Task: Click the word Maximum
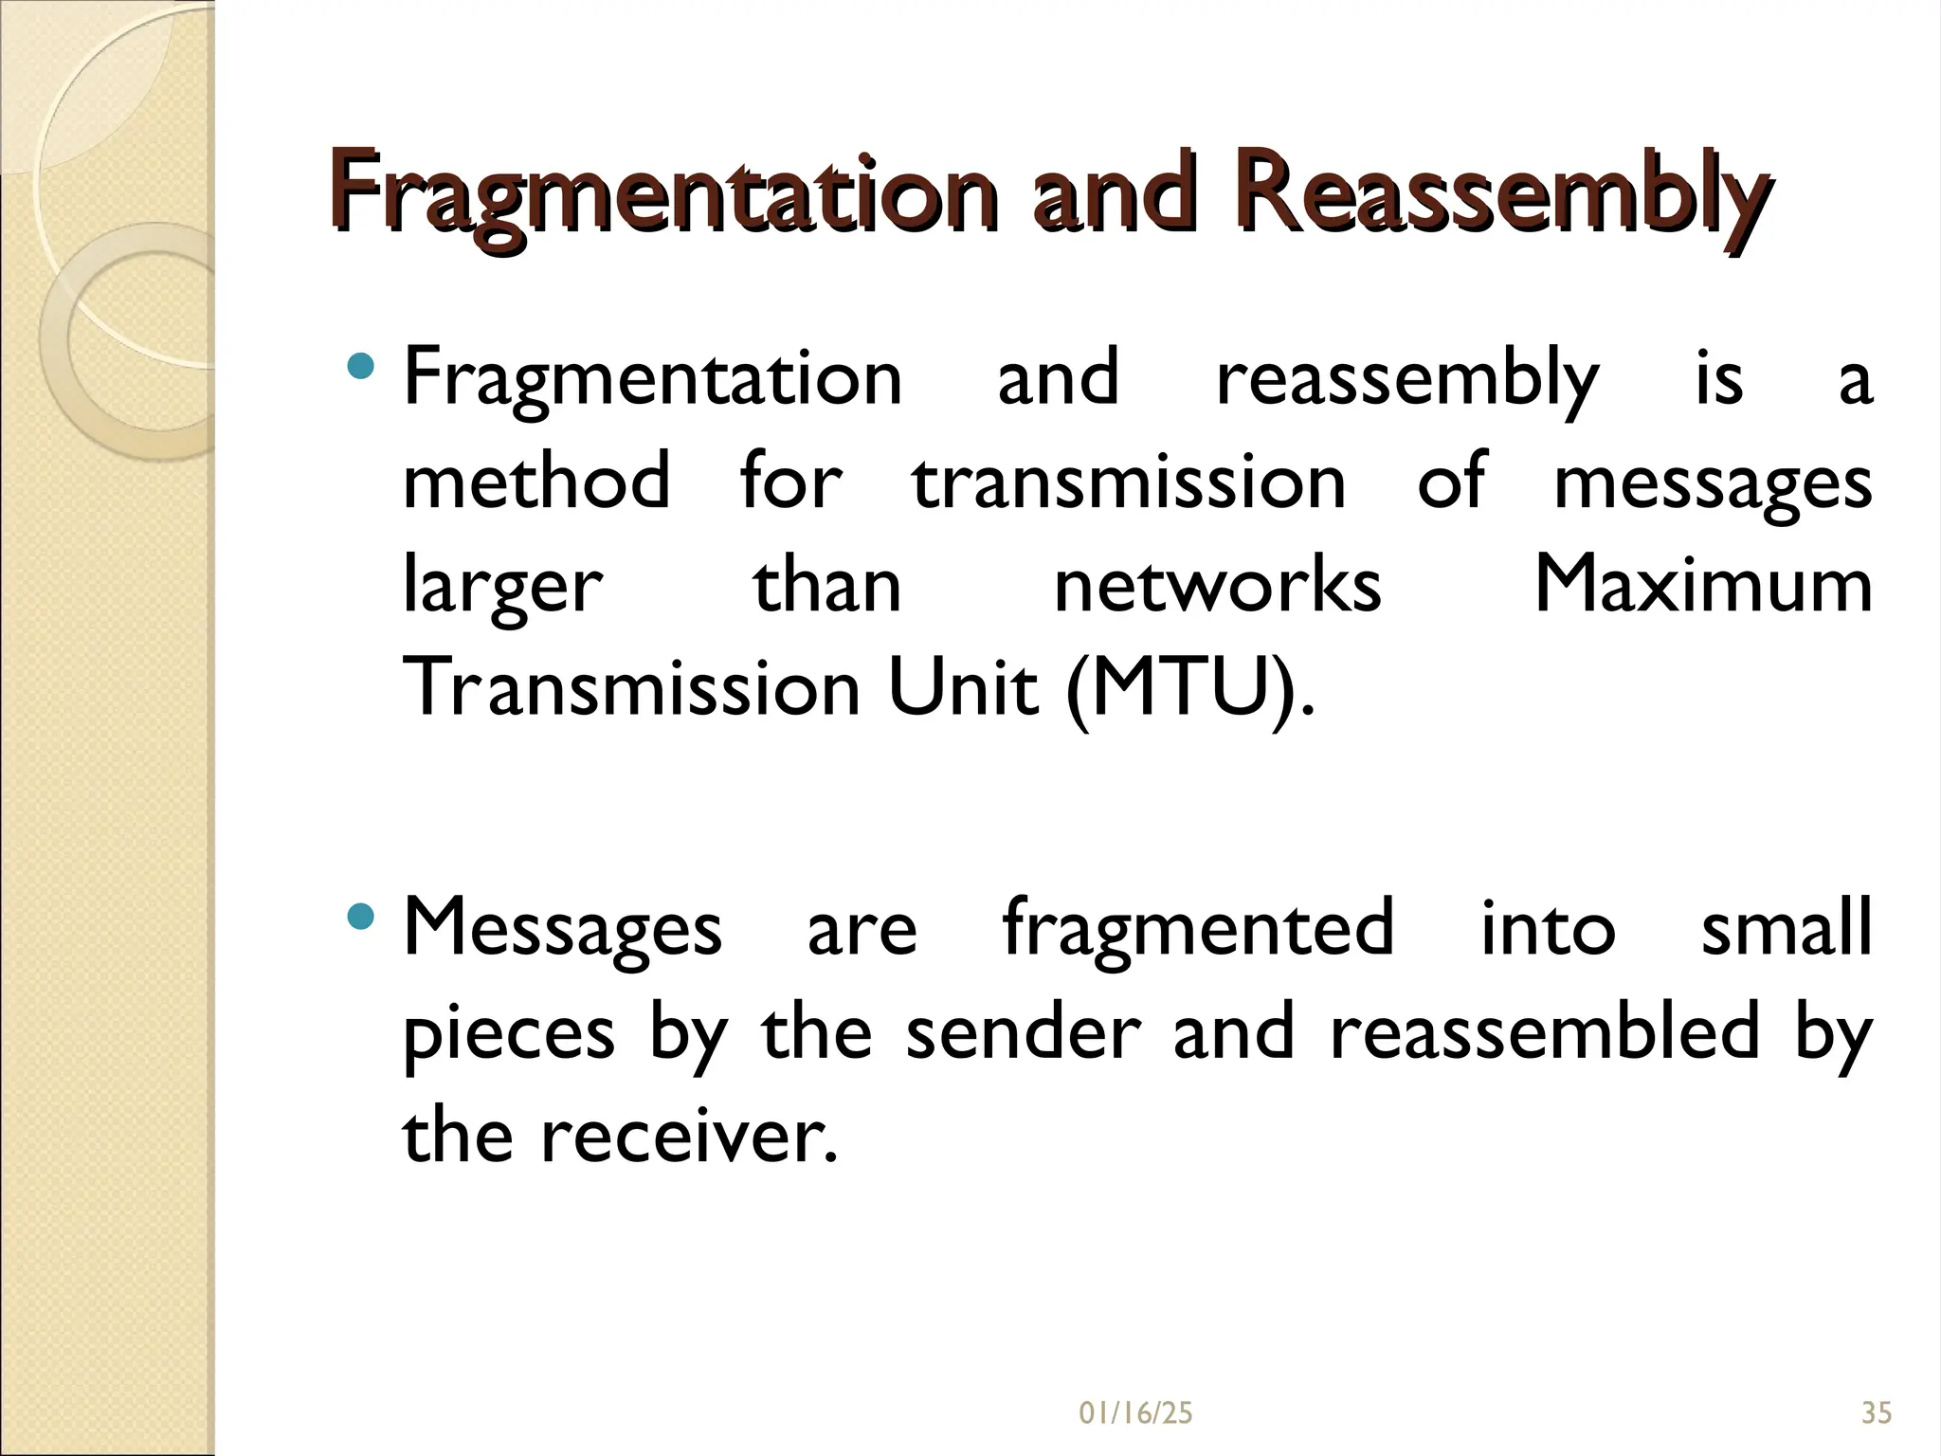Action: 1702,585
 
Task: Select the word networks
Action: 1217,585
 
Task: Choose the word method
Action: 536,482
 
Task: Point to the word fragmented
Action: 1198,927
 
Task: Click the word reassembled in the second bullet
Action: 1545,1031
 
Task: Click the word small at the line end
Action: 1787,927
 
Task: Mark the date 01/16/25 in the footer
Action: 1135,1413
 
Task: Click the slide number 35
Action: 1877,1413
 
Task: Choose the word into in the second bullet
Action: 1548,927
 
